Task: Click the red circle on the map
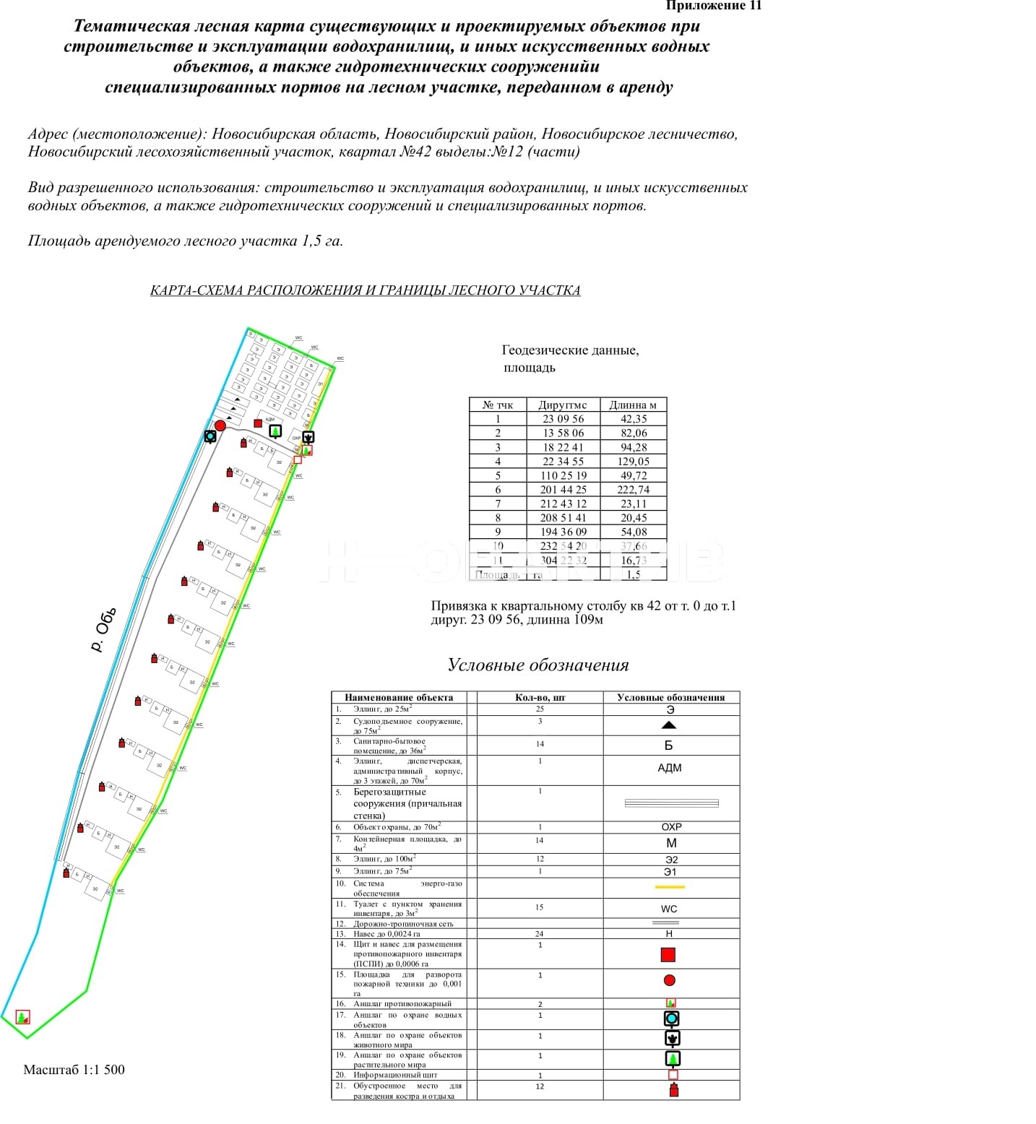click(x=220, y=425)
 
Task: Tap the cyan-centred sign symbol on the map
click(x=210, y=436)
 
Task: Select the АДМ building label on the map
click(x=269, y=420)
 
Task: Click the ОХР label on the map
click(x=296, y=438)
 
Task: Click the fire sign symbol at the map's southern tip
click(x=22, y=1017)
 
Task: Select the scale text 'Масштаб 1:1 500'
click(x=74, y=1070)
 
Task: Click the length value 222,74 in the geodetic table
click(x=633, y=490)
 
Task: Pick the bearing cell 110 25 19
click(x=564, y=475)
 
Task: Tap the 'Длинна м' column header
click(x=633, y=405)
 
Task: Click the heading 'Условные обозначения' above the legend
click(x=538, y=665)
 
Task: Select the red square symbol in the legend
click(x=668, y=955)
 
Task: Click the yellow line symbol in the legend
click(x=670, y=887)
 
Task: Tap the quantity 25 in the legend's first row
click(x=540, y=709)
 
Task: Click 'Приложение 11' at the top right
click(x=713, y=7)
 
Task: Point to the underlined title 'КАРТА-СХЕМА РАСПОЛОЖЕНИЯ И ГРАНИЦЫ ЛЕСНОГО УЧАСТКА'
click(x=365, y=290)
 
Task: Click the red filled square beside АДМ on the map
click(x=258, y=423)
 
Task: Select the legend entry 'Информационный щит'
click(x=395, y=1075)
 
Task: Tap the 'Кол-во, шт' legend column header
click(x=540, y=698)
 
